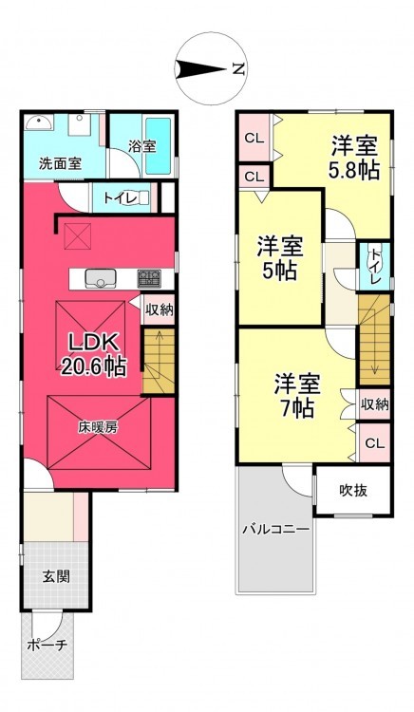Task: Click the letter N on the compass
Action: click(x=238, y=69)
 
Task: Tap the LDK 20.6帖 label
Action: click(x=93, y=354)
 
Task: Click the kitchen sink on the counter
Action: click(x=101, y=278)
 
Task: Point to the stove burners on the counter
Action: click(x=149, y=277)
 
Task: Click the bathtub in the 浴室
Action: click(x=159, y=146)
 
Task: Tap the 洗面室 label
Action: click(x=60, y=163)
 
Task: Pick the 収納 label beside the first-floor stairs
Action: click(x=160, y=310)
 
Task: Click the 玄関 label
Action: click(x=56, y=576)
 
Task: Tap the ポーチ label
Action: click(x=47, y=645)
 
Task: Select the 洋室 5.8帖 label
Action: click(x=354, y=157)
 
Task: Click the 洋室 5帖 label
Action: click(x=280, y=258)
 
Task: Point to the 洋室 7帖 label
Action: click(x=297, y=396)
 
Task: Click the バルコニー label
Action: click(x=275, y=529)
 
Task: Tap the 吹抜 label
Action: click(x=353, y=491)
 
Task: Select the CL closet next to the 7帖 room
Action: click(x=375, y=443)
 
